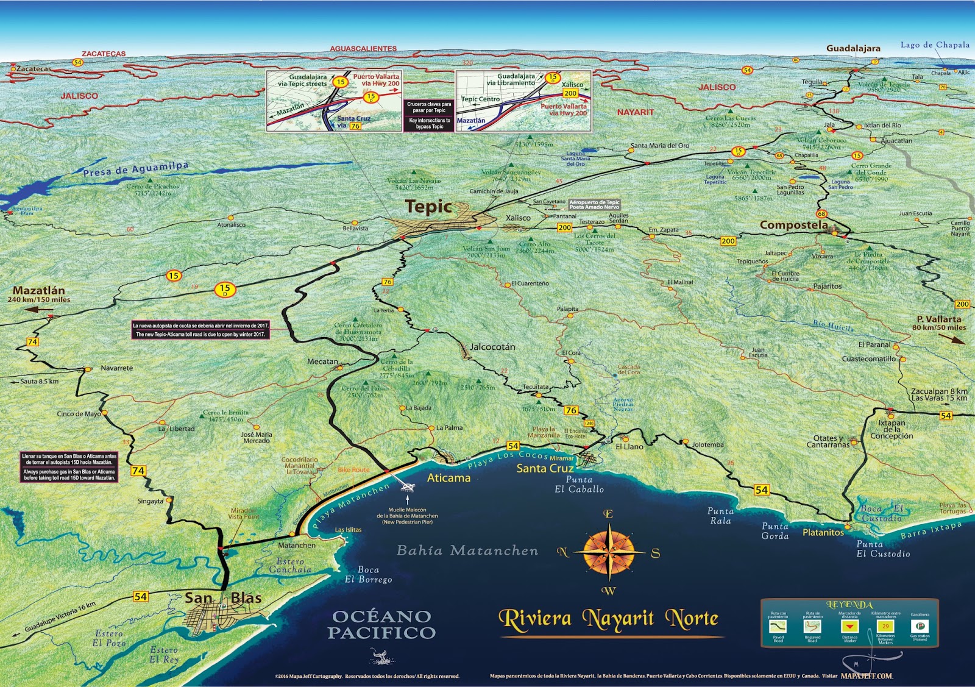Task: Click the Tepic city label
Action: pos(428,207)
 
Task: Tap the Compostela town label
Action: pos(793,225)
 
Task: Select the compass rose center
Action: pos(609,553)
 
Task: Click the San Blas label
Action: pos(223,598)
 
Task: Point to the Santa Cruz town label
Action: pos(545,469)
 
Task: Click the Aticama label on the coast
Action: pos(448,479)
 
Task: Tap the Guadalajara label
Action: pos(853,48)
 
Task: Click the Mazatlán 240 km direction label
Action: pos(39,294)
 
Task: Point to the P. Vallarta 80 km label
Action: pos(939,323)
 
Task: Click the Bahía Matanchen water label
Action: pos(467,551)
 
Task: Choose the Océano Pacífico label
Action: pos(381,625)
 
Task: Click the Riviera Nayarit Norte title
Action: pos(608,619)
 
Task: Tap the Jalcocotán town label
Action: pos(492,347)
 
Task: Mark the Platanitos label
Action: pos(823,533)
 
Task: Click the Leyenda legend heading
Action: pos(849,605)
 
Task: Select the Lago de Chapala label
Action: pos(935,45)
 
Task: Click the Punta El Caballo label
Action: pos(579,485)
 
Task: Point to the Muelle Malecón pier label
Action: pos(407,516)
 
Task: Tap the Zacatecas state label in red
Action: pos(104,54)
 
